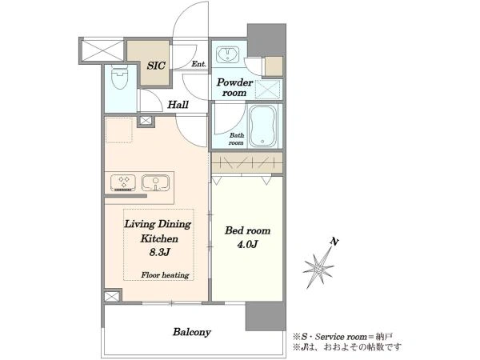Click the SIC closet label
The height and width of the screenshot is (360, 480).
(156, 66)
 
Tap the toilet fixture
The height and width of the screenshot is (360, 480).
(119, 77)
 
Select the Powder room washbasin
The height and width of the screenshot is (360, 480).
(228, 55)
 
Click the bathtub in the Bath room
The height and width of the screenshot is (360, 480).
(262, 126)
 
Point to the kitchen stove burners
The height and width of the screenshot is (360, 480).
(123, 182)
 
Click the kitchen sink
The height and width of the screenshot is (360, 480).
(155, 182)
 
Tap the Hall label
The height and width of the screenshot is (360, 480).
(178, 105)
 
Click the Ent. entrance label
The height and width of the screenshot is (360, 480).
(199, 64)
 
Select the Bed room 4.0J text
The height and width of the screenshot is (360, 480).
(247, 237)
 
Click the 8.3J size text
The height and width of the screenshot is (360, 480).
(159, 252)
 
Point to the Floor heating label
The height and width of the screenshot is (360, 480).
(165, 275)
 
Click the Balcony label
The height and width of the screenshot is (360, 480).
(192, 332)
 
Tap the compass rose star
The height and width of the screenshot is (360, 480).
(318, 268)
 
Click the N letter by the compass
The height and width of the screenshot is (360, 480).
(334, 242)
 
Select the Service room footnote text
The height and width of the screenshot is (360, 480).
(342, 337)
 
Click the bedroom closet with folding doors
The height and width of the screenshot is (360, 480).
(247, 162)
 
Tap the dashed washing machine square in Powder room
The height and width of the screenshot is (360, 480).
(268, 89)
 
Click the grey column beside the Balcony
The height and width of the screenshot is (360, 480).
(266, 316)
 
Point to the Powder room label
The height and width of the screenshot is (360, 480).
(234, 87)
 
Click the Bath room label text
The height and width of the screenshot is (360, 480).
(236, 139)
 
